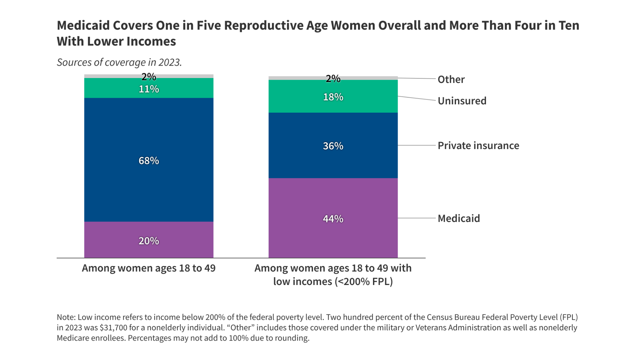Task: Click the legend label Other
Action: [x=451, y=79]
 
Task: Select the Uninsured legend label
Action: [x=462, y=101]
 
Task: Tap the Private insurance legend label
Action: [x=478, y=145]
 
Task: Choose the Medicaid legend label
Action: [x=459, y=218]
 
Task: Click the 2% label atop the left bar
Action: [x=149, y=77]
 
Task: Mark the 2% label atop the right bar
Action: [x=333, y=79]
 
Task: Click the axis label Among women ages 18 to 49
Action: [x=149, y=268]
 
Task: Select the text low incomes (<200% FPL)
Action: [x=333, y=282]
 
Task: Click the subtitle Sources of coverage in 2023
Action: [x=119, y=62]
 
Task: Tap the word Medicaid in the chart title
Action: [x=83, y=26]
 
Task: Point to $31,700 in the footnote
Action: [x=114, y=328]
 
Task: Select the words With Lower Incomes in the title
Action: [x=116, y=42]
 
